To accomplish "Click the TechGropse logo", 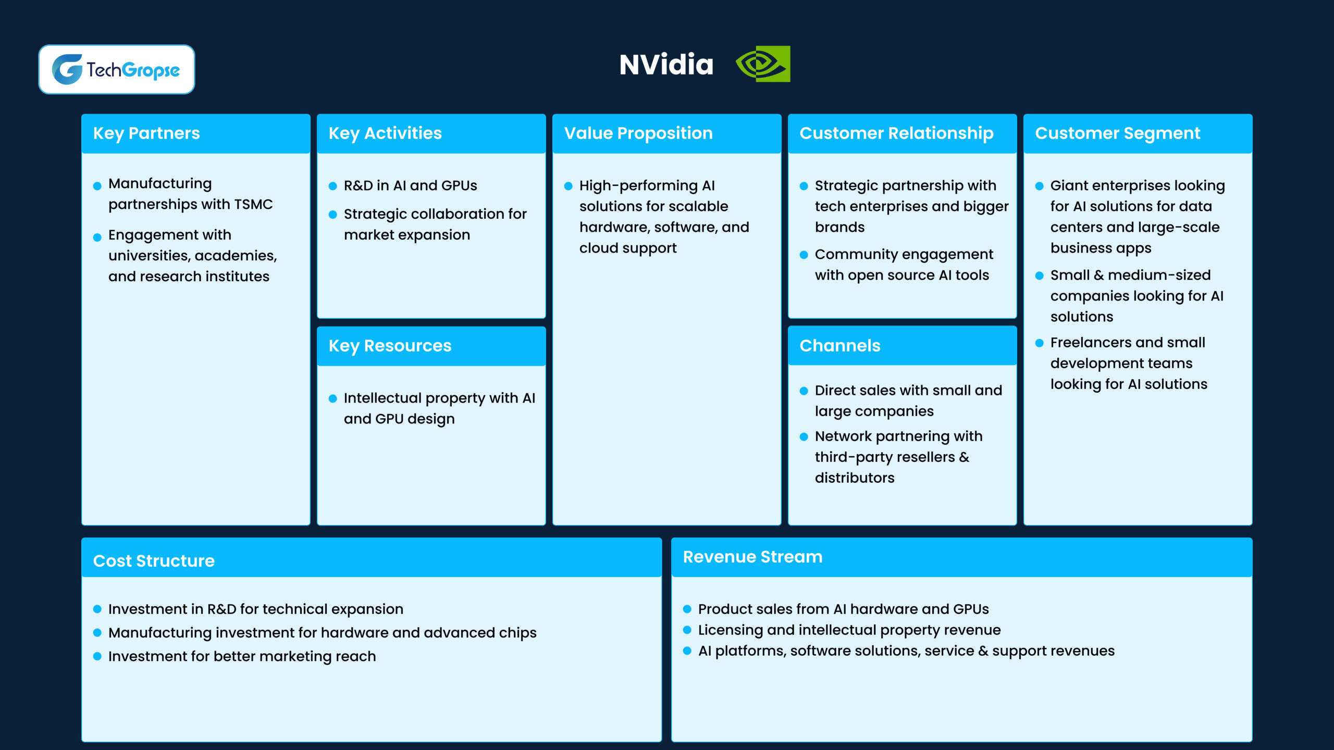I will (116, 69).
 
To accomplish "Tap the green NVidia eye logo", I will (762, 64).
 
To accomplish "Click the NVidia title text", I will (666, 65).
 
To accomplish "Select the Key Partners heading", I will (146, 133).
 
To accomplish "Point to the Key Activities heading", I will (385, 133).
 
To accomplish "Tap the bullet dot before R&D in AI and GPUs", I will (333, 186).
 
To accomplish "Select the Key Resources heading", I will (390, 346).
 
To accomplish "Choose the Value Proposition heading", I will (638, 133).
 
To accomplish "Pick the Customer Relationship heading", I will (896, 133).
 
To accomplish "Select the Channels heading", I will (839, 346).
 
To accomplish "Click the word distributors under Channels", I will (855, 478).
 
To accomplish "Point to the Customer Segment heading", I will (1117, 133).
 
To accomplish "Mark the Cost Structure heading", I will (154, 561).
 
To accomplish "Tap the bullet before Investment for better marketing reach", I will (97, 657).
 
